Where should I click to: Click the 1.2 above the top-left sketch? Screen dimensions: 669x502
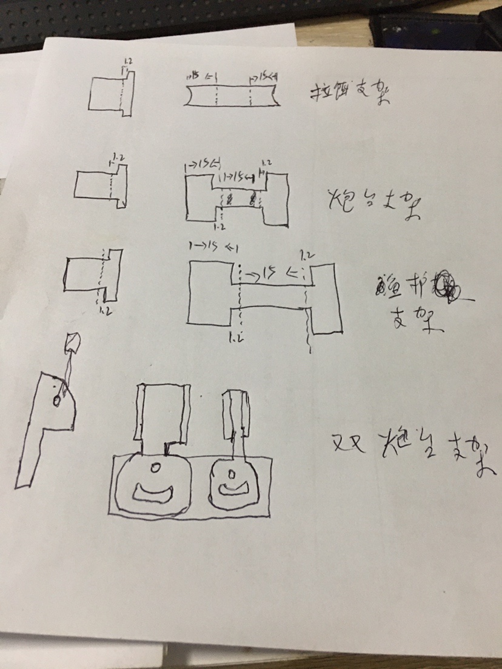127,61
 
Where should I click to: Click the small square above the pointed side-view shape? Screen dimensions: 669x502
72,344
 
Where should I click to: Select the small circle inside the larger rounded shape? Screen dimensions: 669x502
155,468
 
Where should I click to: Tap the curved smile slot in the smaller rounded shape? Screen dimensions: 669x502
233,487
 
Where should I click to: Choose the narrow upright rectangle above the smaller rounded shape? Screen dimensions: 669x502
236,415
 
